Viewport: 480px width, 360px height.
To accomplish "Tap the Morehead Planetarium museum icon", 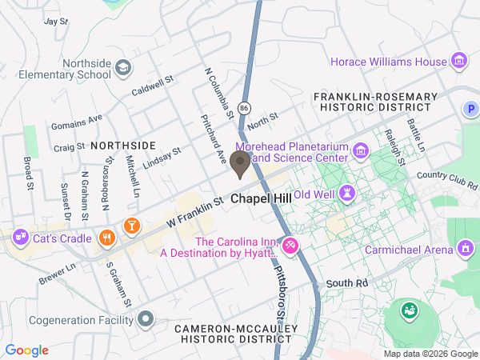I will (361, 150).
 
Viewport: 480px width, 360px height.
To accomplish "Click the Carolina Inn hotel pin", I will (290, 245).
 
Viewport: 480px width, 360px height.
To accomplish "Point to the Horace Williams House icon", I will (459, 61).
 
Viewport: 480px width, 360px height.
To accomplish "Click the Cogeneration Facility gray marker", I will (145, 320).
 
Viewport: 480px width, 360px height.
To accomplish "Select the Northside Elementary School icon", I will (123, 68).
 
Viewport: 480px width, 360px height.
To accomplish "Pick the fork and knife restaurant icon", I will (107, 237).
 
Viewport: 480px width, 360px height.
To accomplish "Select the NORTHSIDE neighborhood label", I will (122, 145).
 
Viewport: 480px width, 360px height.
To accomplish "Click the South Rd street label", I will (346, 283).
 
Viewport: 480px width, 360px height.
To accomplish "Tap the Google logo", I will (27, 350).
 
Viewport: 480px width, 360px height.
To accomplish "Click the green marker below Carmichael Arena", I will (410, 309).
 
